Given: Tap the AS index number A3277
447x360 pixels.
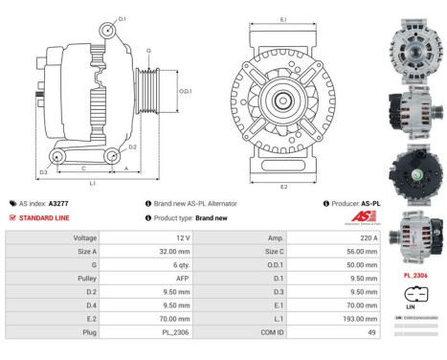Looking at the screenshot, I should click(58, 203).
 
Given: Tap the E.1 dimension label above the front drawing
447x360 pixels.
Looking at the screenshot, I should click(283, 19).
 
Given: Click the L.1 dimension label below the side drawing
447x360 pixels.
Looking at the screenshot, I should click(92, 181).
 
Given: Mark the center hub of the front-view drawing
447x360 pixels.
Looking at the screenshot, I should click(284, 99).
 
